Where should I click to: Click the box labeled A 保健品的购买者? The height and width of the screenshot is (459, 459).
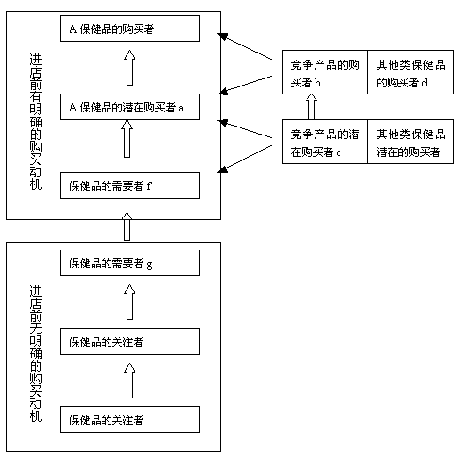(129, 29)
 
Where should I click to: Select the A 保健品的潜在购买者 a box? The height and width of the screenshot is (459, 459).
(129, 107)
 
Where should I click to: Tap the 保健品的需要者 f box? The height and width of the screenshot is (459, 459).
(129, 185)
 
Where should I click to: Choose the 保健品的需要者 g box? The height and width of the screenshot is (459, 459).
(129, 263)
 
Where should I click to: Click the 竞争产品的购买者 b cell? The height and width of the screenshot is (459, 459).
(324, 72)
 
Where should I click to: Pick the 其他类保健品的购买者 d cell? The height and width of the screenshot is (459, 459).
(411, 72)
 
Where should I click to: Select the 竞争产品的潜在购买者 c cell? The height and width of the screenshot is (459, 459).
(324, 142)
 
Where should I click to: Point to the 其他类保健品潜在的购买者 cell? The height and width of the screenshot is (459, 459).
(411, 142)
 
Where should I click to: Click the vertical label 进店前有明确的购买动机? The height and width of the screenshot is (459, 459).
(36, 122)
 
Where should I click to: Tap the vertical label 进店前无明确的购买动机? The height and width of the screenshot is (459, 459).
(36, 354)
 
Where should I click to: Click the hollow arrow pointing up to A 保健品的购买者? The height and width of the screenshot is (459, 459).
(129, 68)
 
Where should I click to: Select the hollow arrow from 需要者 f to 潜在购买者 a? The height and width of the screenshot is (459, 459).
(127, 139)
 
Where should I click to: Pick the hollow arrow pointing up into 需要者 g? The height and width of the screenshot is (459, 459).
(129, 302)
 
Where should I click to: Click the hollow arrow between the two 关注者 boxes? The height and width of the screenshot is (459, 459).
(129, 381)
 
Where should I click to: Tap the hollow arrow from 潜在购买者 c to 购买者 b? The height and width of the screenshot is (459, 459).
(311, 107)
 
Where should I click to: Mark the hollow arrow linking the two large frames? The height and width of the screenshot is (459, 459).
(127, 226)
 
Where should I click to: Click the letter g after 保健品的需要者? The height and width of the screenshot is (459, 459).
(149, 264)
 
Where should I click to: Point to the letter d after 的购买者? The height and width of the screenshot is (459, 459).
(425, 82)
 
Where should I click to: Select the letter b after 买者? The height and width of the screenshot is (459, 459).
(317, 82)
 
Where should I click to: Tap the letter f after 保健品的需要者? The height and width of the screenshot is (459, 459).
(149, 185)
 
